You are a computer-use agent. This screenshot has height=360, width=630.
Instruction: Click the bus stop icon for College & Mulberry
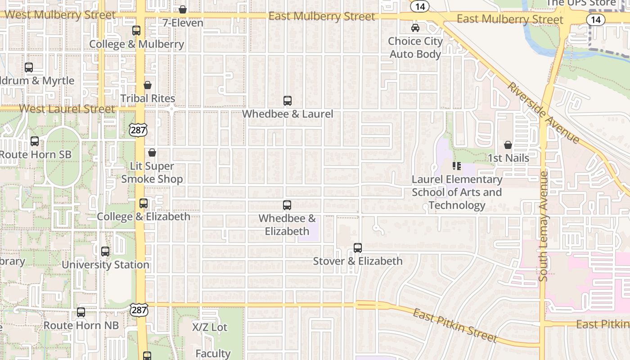136,31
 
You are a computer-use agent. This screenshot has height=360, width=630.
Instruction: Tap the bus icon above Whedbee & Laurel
288,101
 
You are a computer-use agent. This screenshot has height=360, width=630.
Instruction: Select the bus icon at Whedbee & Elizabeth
287,205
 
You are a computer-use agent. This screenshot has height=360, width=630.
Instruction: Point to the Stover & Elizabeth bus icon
358,248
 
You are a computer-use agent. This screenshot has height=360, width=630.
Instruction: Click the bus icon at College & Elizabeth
144,203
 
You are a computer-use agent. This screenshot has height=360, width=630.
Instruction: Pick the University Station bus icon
105,252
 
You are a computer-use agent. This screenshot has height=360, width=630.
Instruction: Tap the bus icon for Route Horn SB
35,141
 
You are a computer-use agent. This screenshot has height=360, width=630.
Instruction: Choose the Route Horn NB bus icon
81,312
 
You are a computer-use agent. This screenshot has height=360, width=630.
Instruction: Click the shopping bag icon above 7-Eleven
183,9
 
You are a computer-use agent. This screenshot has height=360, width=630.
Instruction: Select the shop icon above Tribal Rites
148,85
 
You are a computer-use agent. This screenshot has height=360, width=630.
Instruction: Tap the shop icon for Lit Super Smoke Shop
152,153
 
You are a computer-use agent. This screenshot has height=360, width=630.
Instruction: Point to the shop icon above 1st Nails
508,145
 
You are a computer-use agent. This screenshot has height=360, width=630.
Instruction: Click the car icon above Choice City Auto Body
415,28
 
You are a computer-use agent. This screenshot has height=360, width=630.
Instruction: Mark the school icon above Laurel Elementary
457,166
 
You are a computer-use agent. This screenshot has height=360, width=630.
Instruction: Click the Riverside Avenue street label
544,112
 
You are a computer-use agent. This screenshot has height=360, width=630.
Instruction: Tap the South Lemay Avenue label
543,226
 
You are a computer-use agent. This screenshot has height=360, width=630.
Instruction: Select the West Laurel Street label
67,109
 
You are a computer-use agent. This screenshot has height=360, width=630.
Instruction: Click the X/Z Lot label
210,327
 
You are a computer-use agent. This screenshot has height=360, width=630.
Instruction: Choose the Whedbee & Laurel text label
288,114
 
